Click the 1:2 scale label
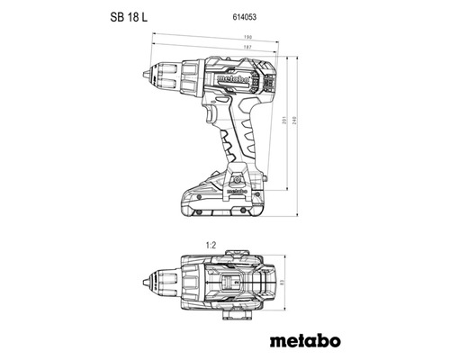point(211,243)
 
